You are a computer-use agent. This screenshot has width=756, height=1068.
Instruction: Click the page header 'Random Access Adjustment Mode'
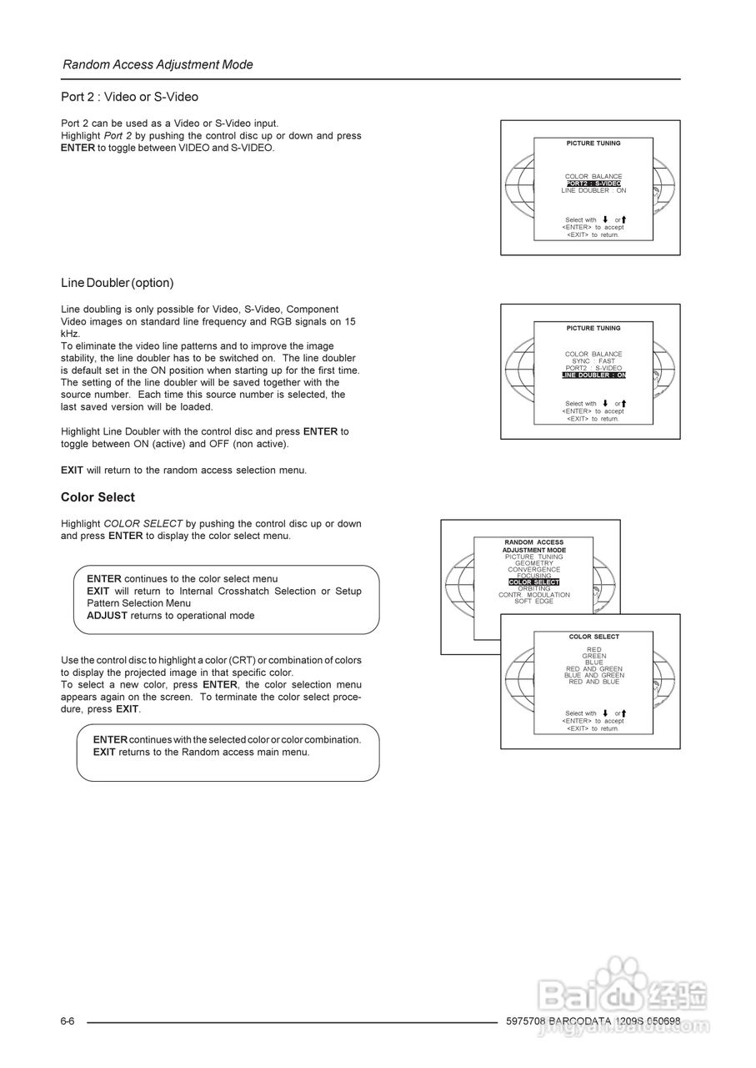[158, 64]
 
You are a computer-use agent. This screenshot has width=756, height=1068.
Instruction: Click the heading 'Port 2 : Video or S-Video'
[129, 97]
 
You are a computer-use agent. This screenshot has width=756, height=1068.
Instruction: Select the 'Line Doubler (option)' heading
[117, 283]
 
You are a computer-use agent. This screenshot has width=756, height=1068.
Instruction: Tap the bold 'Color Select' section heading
[98, 497]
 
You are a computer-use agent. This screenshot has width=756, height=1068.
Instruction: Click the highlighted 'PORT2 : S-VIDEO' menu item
[593, 184]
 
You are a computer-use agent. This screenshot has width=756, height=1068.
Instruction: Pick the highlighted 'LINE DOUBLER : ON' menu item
[593, 375]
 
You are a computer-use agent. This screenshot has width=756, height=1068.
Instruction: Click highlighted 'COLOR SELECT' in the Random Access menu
[533, 582]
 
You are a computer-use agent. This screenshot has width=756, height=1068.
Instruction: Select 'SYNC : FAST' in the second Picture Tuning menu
[593, 361]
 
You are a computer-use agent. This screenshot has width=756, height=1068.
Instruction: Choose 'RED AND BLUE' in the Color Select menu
[593, 682]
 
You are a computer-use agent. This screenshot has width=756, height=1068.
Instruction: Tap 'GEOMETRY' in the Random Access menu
[533, 563]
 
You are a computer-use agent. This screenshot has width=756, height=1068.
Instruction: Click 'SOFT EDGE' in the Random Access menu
[533, 602]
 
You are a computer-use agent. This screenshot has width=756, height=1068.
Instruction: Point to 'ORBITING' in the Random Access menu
[533, 588]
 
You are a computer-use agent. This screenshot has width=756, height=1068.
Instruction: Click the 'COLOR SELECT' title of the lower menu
[593, 637]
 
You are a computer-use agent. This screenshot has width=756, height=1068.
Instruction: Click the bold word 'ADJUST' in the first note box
[107, 616]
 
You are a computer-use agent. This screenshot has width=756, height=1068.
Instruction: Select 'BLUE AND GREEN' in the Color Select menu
[593, 675]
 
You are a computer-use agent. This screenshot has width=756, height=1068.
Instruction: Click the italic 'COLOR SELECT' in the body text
[143, 524]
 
